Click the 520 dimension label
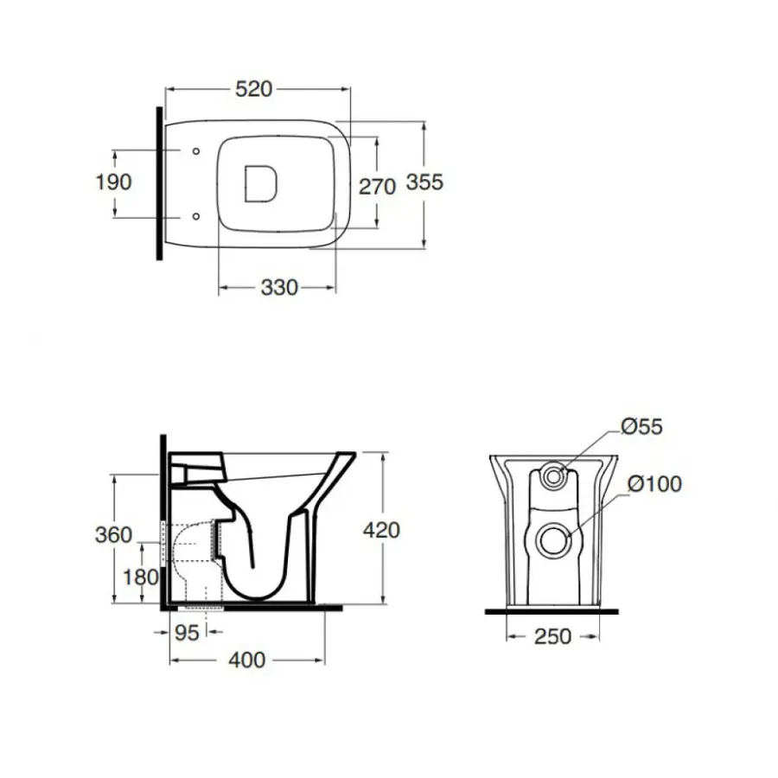point(253,89)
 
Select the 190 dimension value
point(113,182)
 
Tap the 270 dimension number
point(377,187)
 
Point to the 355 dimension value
point(424,182)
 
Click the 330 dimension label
point(279,288)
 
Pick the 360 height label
point(113,535)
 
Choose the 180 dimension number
point(140,577)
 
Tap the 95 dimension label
point(187,633)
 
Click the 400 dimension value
point(246,660)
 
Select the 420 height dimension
point(381,531)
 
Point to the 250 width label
point(552,636)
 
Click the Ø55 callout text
point(641,427)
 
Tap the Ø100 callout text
point(654,484)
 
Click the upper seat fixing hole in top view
point(196,150)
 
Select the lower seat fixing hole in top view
point(196,216)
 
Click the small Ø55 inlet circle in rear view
point(554,475)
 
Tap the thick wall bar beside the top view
point(159,183)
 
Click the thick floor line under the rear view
point(552,611)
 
